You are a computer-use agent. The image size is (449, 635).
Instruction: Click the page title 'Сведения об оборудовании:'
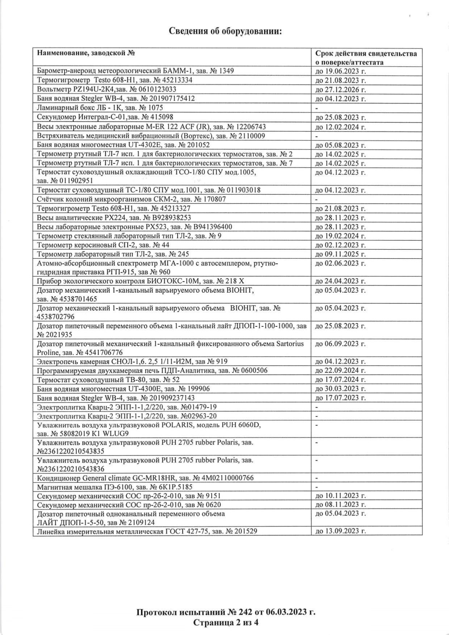click(x=225, y=31)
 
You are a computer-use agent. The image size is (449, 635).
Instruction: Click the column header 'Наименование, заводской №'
click(x=86, y=54)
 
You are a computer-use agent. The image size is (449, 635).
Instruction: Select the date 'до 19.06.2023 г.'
click(x=340, y=71)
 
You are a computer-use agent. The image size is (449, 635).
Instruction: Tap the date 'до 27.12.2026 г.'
click(x=340, y=89)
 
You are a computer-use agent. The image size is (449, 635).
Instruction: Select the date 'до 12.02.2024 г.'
click(x=340, y=127)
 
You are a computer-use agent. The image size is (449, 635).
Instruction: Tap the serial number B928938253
click(x=171, y=218)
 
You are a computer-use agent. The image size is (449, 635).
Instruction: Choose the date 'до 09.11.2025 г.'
click(x=340, y=254)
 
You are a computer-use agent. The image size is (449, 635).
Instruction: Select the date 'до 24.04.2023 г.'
click(x=340, y=281)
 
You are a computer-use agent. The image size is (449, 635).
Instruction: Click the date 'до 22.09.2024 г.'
click(x=340, y=371)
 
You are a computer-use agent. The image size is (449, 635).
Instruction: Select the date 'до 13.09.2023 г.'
click(x=340, y=531)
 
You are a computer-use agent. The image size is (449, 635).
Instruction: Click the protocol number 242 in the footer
click(x=245, y=602)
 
